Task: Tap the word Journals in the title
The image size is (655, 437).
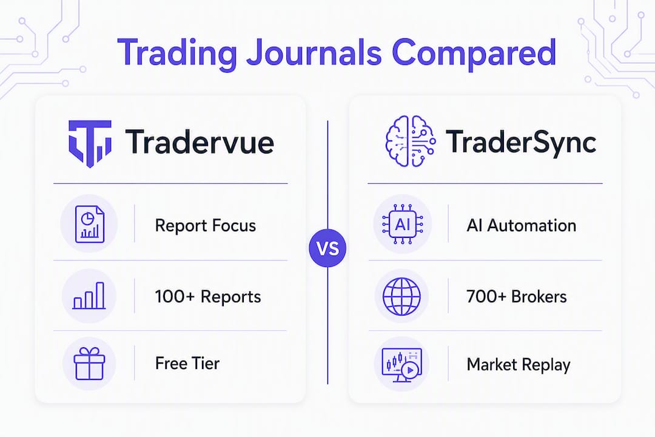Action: pyautogui.click(x=314, y=53)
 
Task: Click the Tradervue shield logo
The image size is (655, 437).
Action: pyautogui.click(x=90, y=144)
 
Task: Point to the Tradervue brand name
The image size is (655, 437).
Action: pyautogui.click(x=200, y=142)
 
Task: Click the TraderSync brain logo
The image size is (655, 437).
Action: pyautogui.click(x=410, y=141)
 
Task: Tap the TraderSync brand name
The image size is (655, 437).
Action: pyautogui.click(x=521, y=142)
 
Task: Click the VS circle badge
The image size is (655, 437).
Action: pyautogui.click(x=327, y=248)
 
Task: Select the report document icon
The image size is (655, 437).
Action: pyautogui.click(x=89, y=224)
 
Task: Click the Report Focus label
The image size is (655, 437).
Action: pyautogui.click(x=206, y=225)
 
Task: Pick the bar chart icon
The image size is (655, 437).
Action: pyautogui.click(x=89, y=296)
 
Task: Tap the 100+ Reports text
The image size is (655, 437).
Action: pyautogui.click(x=208, y=296)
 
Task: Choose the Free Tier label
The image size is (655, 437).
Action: pyautogui.click(x=187, y=364)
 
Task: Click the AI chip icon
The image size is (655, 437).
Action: pyautogui.click(x=403, y=224)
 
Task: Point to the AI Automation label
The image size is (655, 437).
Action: pyautogui.click(x=522, y=225)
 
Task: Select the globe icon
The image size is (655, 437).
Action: pyautogui.click(x=402, y=296)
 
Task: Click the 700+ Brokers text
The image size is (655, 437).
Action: pyautogui.click(x=517, y=296)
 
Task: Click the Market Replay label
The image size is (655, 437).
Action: pyautogui.click(x=519, y=365)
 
